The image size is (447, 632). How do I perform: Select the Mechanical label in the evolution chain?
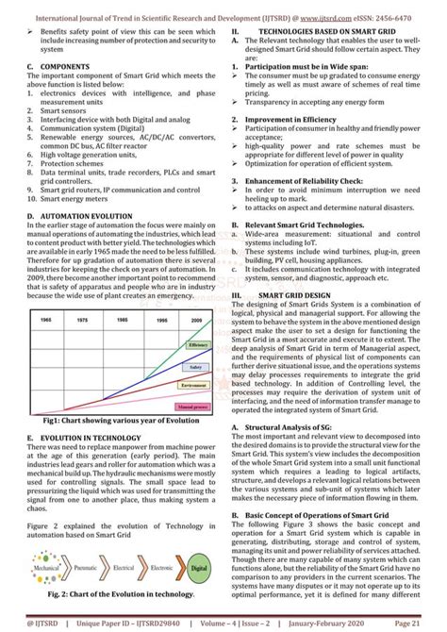tap(44, 571)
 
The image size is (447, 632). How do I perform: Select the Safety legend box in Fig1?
tap(195, 366)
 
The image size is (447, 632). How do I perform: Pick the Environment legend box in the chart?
tap(194, 386)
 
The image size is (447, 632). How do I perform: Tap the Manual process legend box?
tap(192, 407)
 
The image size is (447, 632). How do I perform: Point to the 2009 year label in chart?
tap(195, 321)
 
